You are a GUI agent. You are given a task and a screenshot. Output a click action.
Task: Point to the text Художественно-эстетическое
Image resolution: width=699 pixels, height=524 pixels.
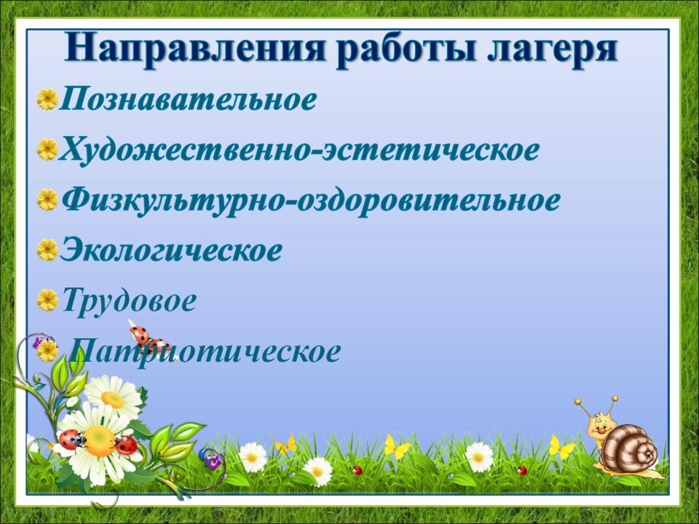click(x=299, y=150)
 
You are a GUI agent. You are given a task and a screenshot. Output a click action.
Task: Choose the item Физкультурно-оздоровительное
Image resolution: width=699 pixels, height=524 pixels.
click(x=310, y=202)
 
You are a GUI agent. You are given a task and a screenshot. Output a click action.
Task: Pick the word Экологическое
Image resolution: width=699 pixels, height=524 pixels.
click(x=171, y=250)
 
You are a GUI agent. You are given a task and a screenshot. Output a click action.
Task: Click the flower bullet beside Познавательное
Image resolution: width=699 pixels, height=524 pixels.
click(x=47, y=99)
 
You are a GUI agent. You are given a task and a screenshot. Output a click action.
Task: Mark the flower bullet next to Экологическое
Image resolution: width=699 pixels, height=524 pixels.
click(x=47, y=250)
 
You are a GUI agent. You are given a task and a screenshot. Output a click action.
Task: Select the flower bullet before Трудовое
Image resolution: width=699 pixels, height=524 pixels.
click(x=47, y=301)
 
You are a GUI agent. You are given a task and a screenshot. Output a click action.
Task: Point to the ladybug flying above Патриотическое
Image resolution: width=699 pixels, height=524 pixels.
click(x=148, y=338)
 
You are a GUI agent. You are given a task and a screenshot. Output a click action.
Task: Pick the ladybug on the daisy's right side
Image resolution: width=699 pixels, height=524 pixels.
click(x=126, y=444)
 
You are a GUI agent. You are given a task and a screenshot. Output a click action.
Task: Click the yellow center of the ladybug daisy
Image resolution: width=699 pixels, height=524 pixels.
click(x=98, y=441)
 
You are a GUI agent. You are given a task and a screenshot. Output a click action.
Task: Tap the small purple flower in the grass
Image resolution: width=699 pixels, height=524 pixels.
click(x=213, y=461)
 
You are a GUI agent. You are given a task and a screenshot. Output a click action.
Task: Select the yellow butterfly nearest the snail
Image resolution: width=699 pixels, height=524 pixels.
click(x=561, y=447)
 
